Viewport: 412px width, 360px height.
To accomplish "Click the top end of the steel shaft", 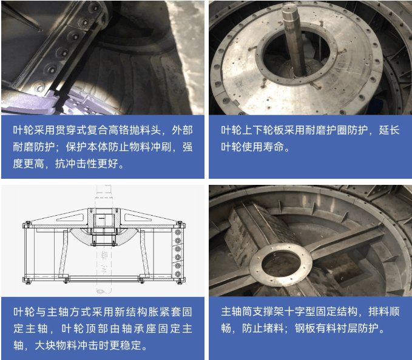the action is (x=290, y=8).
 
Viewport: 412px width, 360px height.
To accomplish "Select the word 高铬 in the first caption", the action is (x=118, y=130).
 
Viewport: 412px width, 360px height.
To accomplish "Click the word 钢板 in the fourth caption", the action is (x=305, y=328).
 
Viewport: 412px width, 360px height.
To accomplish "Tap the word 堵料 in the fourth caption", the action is (x=273, y=328).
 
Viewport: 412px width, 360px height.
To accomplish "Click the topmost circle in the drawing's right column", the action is (x=178, y=232).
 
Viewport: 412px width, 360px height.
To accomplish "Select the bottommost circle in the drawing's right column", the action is (x=178, y=274).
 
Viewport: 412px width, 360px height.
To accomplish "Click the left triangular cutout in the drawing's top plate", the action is (x=70, y=218).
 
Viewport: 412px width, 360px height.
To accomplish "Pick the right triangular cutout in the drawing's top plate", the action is (x=138, y=218).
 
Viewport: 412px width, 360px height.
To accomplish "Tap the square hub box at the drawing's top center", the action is (x=104, y=220).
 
